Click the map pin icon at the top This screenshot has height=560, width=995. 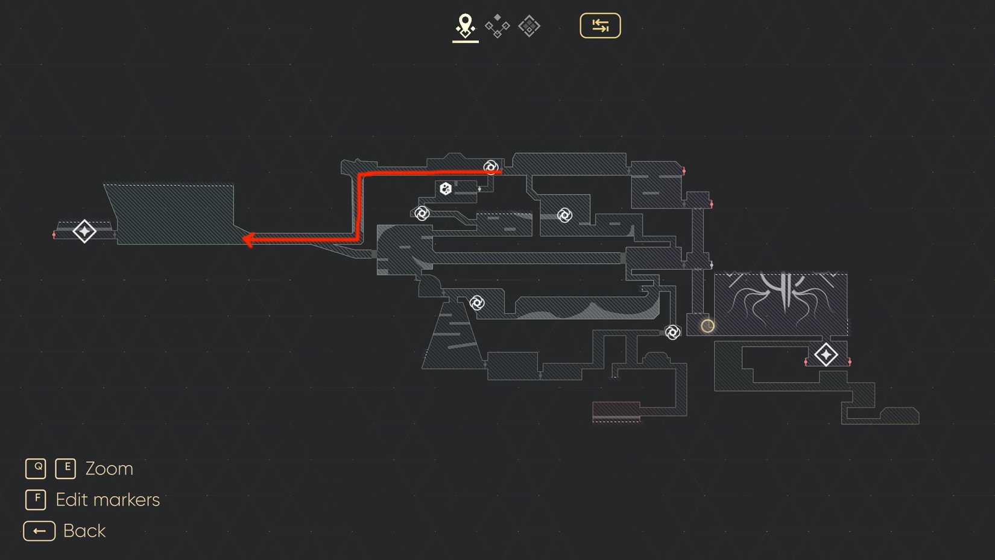tap(465, 26)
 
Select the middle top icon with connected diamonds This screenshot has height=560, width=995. tap(497, 26)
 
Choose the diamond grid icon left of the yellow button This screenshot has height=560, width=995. tap(529, 26)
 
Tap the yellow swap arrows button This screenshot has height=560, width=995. tap(600, 26)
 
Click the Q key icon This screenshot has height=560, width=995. tap(36, 468)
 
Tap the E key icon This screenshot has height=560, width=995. tap(65, 468)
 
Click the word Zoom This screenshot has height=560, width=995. tap(109, 469)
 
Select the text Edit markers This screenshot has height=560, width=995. tap(108, 500)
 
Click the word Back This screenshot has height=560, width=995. tap(84, 531)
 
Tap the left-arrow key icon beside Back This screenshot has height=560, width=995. tap(39, 531)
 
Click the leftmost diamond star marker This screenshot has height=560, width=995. tap(84, 231)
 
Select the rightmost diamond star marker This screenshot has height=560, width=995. tap(826, 355)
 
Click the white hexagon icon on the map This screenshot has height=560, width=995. tap(446, 188)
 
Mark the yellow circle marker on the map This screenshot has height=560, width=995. tap(707, 326)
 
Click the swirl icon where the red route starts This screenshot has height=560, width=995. tap(491, 168)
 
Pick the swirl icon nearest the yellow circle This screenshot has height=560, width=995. tap(672, 332)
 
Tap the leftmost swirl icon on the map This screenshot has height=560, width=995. tap(422, 214)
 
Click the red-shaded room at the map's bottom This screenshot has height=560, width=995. tap(616, 411)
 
